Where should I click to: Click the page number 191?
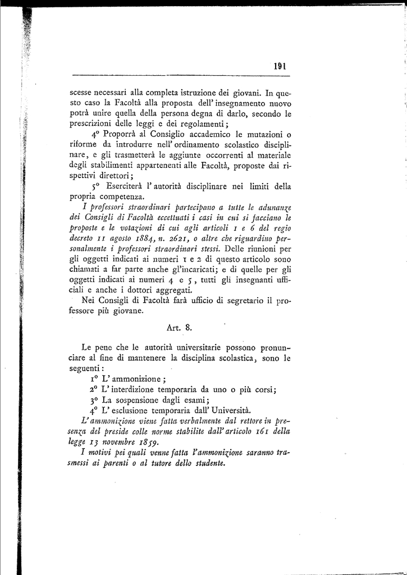280,66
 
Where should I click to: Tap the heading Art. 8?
180,327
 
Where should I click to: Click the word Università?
227,410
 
